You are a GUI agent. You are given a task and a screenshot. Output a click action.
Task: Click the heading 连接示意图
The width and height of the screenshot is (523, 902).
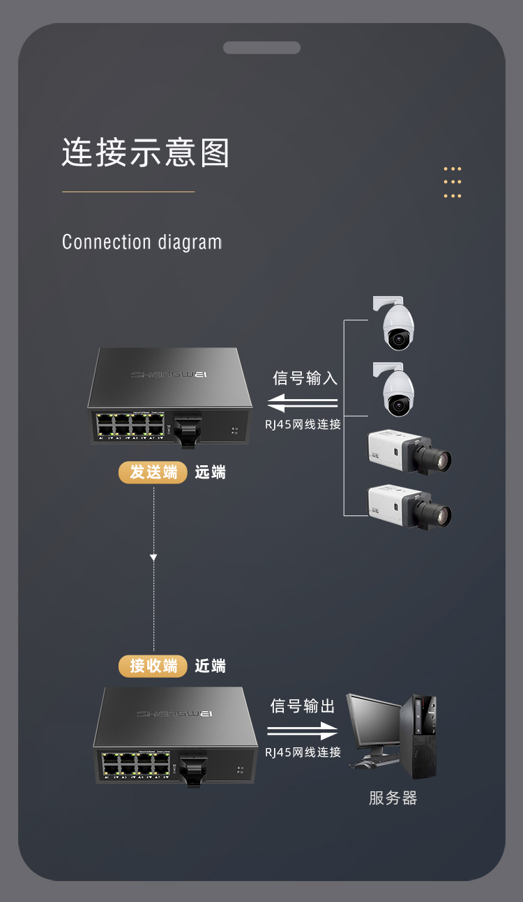click(x=146, y=153)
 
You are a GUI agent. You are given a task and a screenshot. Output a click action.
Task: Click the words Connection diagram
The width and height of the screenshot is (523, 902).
click(x=142, y=242)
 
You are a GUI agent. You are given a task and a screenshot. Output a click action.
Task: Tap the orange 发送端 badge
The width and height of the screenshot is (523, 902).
click(x=153, y=472)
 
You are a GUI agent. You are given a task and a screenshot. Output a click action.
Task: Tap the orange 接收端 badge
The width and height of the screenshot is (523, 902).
click(x=153, y=666)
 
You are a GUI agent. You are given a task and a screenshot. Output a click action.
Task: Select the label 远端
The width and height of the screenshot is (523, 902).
click(x=210, y=472)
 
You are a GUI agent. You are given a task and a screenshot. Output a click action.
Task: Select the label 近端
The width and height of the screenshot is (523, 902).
click(x=210, y=667)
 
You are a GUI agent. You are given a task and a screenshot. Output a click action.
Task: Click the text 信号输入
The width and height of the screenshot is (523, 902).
click(x=305, y=378)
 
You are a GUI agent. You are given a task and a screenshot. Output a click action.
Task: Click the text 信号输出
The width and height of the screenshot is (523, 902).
click(x=303, y=706)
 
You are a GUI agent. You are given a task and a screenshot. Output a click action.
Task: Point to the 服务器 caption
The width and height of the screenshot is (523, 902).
click(x=393, y=798)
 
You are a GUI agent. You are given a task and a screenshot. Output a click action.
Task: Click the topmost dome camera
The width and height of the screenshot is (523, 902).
click(x=398, y=326)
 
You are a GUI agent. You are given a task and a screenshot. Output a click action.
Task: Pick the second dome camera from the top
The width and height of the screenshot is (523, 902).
click(x=398, y=392)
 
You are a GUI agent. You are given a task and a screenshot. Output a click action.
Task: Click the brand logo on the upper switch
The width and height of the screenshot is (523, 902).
click(x=169, y=375)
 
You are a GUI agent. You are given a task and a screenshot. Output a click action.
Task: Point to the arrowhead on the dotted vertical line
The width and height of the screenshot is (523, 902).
click(x=153, y=557)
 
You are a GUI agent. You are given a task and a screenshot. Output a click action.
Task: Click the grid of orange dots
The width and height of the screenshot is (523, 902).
click(x=453, y=182)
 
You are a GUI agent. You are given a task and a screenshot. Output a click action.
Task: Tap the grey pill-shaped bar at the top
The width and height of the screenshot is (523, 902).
click(x=261, y=47)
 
